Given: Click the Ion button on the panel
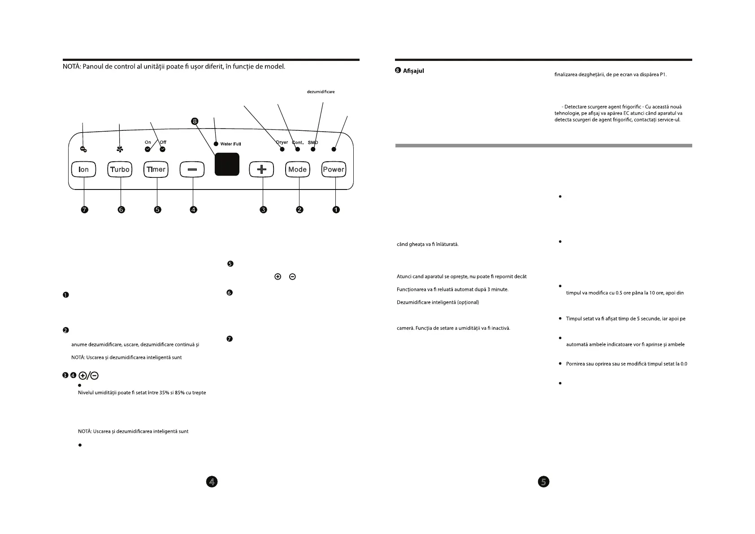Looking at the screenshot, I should pos(84,169).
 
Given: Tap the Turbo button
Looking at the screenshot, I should pos(120,169).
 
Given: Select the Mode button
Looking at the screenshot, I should pos(298,169).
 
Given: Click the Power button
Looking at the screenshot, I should pos(334,169).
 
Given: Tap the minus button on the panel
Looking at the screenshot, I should pos(192,169).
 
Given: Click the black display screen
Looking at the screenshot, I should pos(227,164).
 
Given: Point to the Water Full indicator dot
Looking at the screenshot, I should pos(216,144).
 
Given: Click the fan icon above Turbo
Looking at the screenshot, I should pos(120,149).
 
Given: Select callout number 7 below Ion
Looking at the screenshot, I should pos(84,209).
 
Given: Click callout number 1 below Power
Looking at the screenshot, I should pos(336,209).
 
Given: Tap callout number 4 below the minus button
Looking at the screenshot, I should pos(193,209).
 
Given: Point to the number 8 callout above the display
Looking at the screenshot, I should pos(194,121).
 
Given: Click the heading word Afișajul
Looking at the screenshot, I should pos(413,71).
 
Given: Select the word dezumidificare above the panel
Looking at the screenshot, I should pos(321,92).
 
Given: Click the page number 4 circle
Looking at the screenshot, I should pos(212,482).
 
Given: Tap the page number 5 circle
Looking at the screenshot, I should pos(543,482).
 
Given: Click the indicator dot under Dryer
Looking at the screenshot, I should pos(282,149).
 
